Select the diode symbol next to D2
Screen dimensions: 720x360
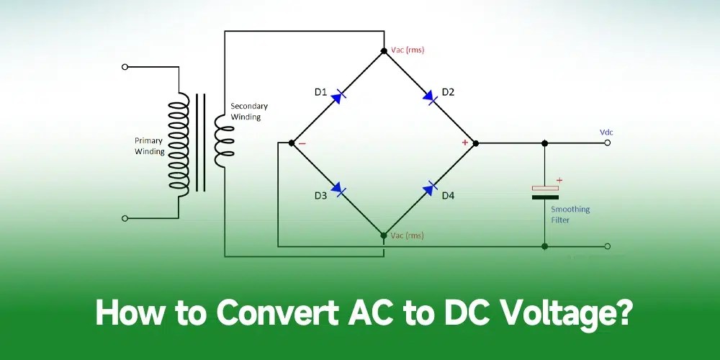[430, 96]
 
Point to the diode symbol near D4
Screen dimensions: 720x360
[430, 189]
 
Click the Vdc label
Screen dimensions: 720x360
[606, 132]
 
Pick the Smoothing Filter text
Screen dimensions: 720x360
[570, 215]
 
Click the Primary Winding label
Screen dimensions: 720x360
[149, 146]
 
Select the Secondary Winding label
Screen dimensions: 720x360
[246, 112]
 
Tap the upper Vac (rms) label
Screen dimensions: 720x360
[408, 50]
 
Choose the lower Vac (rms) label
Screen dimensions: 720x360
[408, 235]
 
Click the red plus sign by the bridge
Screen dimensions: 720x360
[464, 143]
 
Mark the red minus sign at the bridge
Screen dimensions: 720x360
[302, 143]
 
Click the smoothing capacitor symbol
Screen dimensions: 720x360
[545, 192]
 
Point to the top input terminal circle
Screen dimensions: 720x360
[125, 67]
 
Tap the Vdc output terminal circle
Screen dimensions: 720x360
[608, 143]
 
